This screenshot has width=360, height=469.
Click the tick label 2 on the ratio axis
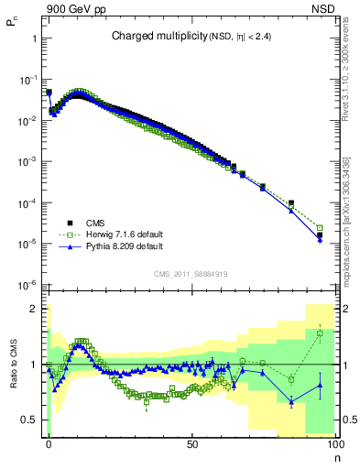[33, 309]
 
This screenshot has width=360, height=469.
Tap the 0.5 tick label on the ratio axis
[30, 420]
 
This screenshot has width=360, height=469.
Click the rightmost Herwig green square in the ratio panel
[320, 333]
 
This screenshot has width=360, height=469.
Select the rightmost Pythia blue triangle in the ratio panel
[320, 385]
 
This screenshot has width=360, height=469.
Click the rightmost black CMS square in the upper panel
[320, 235]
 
